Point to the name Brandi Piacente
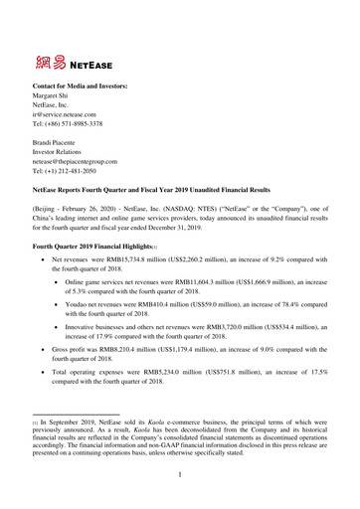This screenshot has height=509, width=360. tap(58, 147)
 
